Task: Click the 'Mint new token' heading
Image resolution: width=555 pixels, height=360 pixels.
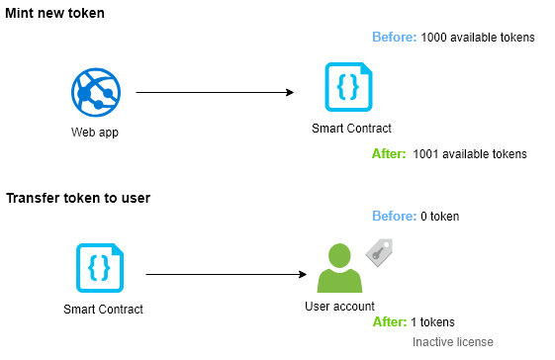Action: point(54,14)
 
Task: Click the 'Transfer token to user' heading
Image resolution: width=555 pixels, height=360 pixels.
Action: point(78,198)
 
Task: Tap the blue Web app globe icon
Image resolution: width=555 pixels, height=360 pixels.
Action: point(96,92)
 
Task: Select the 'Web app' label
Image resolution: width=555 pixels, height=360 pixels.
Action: point(95,133)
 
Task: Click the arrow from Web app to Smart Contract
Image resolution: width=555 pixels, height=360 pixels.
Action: point(215,92)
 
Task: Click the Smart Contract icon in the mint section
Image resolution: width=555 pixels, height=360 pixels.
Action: point(348,87)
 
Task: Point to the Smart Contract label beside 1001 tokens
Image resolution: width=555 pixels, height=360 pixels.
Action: point(351,129)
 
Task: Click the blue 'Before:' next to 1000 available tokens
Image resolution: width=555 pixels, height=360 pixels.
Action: point(395,37)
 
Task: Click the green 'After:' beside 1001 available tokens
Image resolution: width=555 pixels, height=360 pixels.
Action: point(389,154)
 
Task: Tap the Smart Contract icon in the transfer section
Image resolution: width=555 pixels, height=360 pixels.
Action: point(100,268)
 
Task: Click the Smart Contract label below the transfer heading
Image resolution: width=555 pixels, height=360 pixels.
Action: point(103,310)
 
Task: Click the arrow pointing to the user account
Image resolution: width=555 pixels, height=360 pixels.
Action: point(227,274)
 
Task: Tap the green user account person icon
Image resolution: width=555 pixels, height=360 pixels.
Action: point(339,268)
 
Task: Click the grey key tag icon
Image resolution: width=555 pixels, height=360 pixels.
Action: point(379,252)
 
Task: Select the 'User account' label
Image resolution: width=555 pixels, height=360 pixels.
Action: point(339,307)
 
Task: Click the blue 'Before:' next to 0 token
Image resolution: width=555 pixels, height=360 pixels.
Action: point(395,216)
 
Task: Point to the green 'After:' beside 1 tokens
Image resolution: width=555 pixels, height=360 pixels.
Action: point(390,322)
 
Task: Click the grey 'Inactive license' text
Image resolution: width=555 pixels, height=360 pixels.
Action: point(453,342)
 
